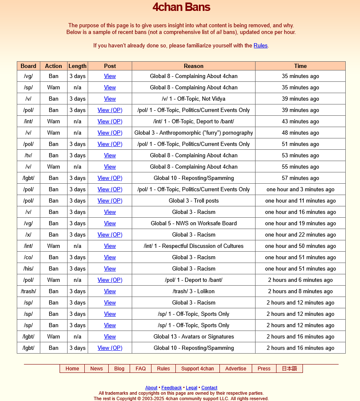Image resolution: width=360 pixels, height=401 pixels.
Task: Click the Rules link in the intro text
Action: [260, 45]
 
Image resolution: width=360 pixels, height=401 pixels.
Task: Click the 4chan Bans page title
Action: [181, 7]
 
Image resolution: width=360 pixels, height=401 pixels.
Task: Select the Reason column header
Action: [193, 66]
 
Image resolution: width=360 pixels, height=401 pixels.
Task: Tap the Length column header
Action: [78, 66]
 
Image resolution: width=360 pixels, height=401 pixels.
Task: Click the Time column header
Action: [300, 66]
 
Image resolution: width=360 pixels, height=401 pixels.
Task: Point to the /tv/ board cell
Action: [29, 155]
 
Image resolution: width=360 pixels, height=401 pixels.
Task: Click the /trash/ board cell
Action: [29, 291]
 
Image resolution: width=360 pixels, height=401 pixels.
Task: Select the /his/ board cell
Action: [29, 268]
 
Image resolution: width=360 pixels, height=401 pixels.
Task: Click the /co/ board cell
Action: [29, 257]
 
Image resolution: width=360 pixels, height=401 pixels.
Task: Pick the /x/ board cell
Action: [29, 234]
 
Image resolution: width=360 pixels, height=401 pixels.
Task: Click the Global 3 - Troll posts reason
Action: [193, 200]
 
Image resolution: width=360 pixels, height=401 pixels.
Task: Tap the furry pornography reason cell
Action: [193, 133]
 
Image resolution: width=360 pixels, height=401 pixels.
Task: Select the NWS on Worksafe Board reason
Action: [193, 223]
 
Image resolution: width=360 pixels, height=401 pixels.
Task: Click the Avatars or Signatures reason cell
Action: [193, 336]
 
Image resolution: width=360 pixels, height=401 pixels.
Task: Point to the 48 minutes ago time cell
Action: [300, 133]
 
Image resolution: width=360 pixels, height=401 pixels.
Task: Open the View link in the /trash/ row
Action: [110, 291]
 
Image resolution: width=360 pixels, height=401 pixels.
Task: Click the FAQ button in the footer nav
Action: [141, 369]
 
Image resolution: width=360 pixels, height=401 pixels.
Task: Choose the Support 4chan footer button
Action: [198, 369]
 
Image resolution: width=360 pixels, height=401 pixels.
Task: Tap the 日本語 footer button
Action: [289, 369]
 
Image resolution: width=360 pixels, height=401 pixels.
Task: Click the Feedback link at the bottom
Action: [172, 388]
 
